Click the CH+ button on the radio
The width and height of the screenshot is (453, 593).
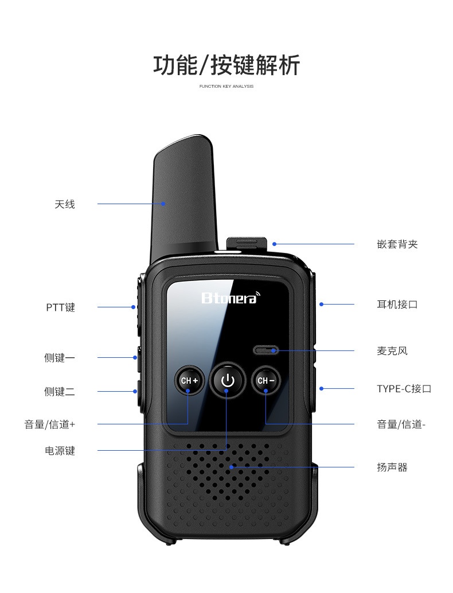(189, 380)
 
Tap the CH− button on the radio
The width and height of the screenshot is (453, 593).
(266, 380)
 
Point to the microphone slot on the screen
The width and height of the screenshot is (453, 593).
(266, 350)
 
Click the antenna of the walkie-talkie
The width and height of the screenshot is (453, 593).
(183, 197)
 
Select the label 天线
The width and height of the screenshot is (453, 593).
(65, 204)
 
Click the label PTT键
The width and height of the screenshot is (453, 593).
(61, 307)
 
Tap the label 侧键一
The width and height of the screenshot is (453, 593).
(60, 358)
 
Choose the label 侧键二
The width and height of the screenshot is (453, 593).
(60, 392)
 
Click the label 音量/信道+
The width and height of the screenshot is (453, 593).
(50, 425)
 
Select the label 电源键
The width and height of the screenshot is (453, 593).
(60, 451)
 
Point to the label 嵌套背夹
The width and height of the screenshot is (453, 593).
(397, 244)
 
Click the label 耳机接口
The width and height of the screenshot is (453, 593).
(397, 305)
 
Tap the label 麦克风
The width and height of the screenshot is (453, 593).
(392, 351)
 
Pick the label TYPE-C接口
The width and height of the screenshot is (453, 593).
(404, 389)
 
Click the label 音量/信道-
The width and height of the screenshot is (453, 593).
(401, 424)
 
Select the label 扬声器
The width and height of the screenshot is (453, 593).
(392, 467)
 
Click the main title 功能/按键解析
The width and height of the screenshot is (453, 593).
(226, 65)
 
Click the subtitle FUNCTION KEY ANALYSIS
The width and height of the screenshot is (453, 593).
(226, 86)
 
